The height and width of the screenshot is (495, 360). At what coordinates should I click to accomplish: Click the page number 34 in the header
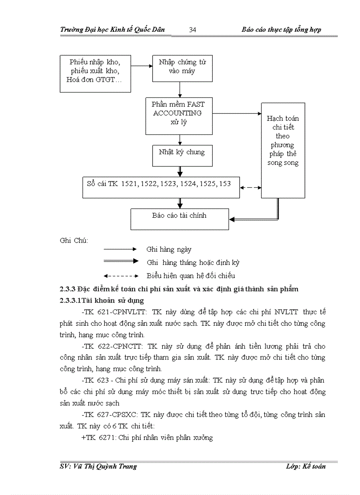(x=192, y=30)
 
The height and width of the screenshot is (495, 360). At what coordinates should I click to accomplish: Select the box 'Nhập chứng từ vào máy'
(x=182, y=67)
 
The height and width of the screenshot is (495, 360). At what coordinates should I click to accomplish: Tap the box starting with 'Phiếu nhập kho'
(x=95, y=73)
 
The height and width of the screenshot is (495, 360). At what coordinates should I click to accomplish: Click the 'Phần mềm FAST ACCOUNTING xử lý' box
(x=179, y=115)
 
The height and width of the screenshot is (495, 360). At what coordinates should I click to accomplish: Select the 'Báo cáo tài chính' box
(x=180, y=218)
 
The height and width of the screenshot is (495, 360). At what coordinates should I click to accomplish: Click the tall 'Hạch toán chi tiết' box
(x=283, y=150)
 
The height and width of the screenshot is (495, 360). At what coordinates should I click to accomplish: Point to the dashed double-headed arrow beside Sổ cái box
(x=251, y=187)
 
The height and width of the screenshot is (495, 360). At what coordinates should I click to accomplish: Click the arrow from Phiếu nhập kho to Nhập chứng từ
(x=141, y=66)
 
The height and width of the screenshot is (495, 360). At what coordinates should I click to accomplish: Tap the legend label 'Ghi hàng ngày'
(x=169, y=249)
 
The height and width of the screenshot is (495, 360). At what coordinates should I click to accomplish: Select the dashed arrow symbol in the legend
(x=121, y=276)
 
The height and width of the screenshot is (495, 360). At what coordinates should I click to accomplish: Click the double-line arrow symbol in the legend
(x=121, y=261)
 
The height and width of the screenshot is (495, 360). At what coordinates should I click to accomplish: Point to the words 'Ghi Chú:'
(x=74, y=240)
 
